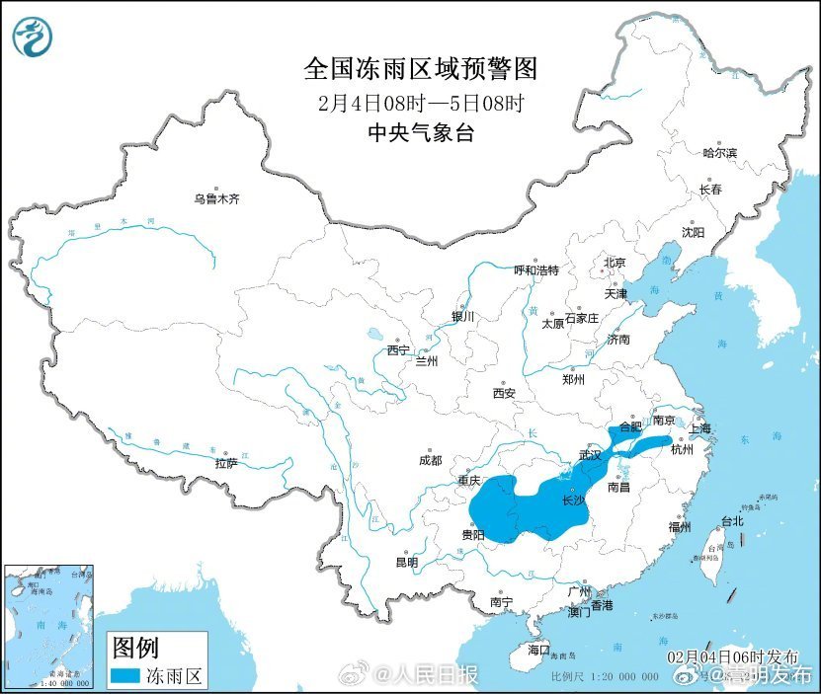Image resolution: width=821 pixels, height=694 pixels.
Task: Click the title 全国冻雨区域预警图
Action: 420,68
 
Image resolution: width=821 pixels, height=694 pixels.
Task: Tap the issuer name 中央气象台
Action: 420,132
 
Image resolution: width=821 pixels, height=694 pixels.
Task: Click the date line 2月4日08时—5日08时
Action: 420,102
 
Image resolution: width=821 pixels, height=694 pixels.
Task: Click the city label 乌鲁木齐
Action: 216,199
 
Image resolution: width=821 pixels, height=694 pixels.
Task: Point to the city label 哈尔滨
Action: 719,153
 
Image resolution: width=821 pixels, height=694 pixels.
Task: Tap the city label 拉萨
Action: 225,463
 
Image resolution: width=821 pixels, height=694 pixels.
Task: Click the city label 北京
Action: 615,263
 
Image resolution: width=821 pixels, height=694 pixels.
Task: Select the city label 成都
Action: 430,460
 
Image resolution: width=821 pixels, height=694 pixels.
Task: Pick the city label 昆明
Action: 406,562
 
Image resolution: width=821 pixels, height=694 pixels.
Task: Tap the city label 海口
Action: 537,650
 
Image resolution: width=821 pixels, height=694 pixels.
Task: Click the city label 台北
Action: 731,520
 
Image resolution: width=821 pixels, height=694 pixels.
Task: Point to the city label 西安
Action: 503,393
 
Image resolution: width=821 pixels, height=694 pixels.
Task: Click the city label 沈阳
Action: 693,232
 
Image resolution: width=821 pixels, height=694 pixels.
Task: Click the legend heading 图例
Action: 135,648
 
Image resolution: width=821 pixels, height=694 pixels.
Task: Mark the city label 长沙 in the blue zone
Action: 572,501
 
